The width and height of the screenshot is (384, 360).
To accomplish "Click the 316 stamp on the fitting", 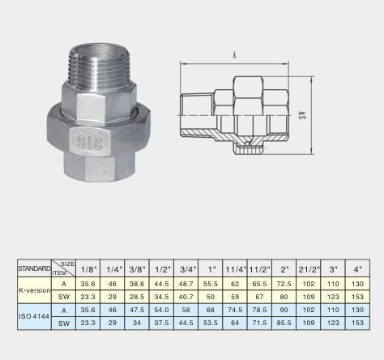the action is (90, 142).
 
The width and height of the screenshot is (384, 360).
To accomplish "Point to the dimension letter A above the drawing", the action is (234, 55).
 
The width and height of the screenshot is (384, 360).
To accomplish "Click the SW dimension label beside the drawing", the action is (303, 115).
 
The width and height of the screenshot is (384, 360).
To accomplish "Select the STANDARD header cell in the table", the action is (34, 268).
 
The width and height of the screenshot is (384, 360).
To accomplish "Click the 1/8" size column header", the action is (88, 269).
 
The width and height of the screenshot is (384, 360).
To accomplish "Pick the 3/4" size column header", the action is (187, 269).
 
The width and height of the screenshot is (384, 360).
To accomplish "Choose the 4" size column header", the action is (358, 269).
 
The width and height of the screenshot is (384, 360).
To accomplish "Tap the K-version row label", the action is (35, 290).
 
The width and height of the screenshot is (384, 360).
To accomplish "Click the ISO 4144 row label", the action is (34, 316).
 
